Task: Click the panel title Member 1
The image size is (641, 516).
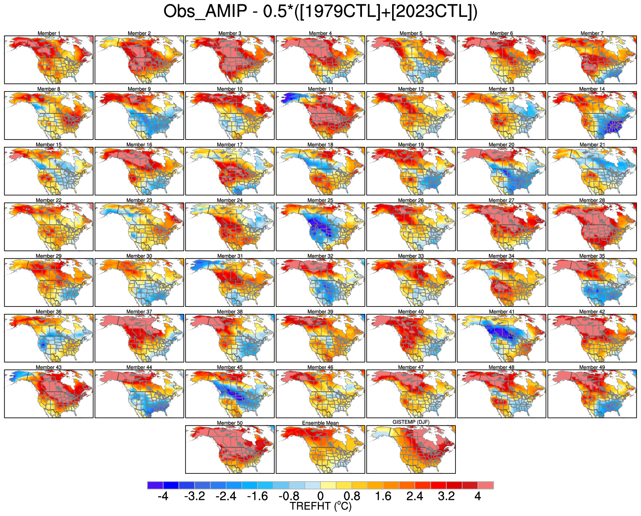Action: [49, 33]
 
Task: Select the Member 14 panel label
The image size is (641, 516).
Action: [592, 89]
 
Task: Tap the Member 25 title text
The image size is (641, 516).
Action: [320, 201]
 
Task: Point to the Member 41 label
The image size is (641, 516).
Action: [501, 312]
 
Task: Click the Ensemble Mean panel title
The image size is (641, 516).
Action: [320, 423]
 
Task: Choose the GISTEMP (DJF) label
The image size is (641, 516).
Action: [411, 422]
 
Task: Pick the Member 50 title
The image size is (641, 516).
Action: [230, 423]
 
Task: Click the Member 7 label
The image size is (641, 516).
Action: [592, 33]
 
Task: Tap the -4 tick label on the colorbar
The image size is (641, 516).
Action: [163, 496]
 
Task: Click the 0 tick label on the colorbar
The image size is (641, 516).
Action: [320, 496]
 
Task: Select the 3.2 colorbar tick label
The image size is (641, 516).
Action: [446, 496]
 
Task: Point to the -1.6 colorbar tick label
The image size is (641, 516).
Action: [257, 496]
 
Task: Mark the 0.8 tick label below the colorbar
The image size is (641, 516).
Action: [352, 496]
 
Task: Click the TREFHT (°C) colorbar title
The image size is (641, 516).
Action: [320, 506]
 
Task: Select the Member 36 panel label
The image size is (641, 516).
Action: [49, 312]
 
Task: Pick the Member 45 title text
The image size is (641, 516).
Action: [230, 367]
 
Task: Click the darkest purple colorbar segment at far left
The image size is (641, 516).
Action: [155, 485]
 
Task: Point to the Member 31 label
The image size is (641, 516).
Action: [230, 256]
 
